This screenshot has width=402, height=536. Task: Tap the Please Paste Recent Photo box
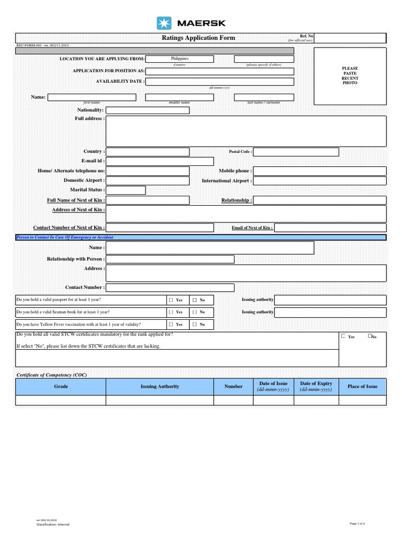pyautogui.click(x=350, y=76)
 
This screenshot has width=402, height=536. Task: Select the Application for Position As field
pyautogui.click(x=219, y=71)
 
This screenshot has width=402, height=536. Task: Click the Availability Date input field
pyautogui.click(x=219, y=82)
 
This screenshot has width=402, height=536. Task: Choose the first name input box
pyautogui.click(x=92, y=97)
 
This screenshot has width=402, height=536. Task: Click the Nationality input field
pyautogui.click(x=148, y=110)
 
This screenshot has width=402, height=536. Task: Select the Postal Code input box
pyautogui.click(x=296, y=152)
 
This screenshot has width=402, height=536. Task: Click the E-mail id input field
pyautogui.click(x=160, y=161)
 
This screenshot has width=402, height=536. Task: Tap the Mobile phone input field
pyautogui.click(x=320, y=171)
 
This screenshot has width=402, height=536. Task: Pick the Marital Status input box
pyautogui.click(x=126, y=190)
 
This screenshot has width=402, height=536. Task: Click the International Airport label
pyautogui.click(x=227, y=181)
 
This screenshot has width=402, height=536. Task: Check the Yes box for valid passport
pyautogui.click(x=171, y=300)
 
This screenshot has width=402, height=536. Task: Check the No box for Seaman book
pyautogui.click(x=194, y=312)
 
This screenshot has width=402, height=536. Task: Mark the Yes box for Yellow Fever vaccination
pyautogui.click(x=171, y=325)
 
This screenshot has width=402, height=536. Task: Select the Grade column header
pyautogui.click(x=61, y=387)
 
